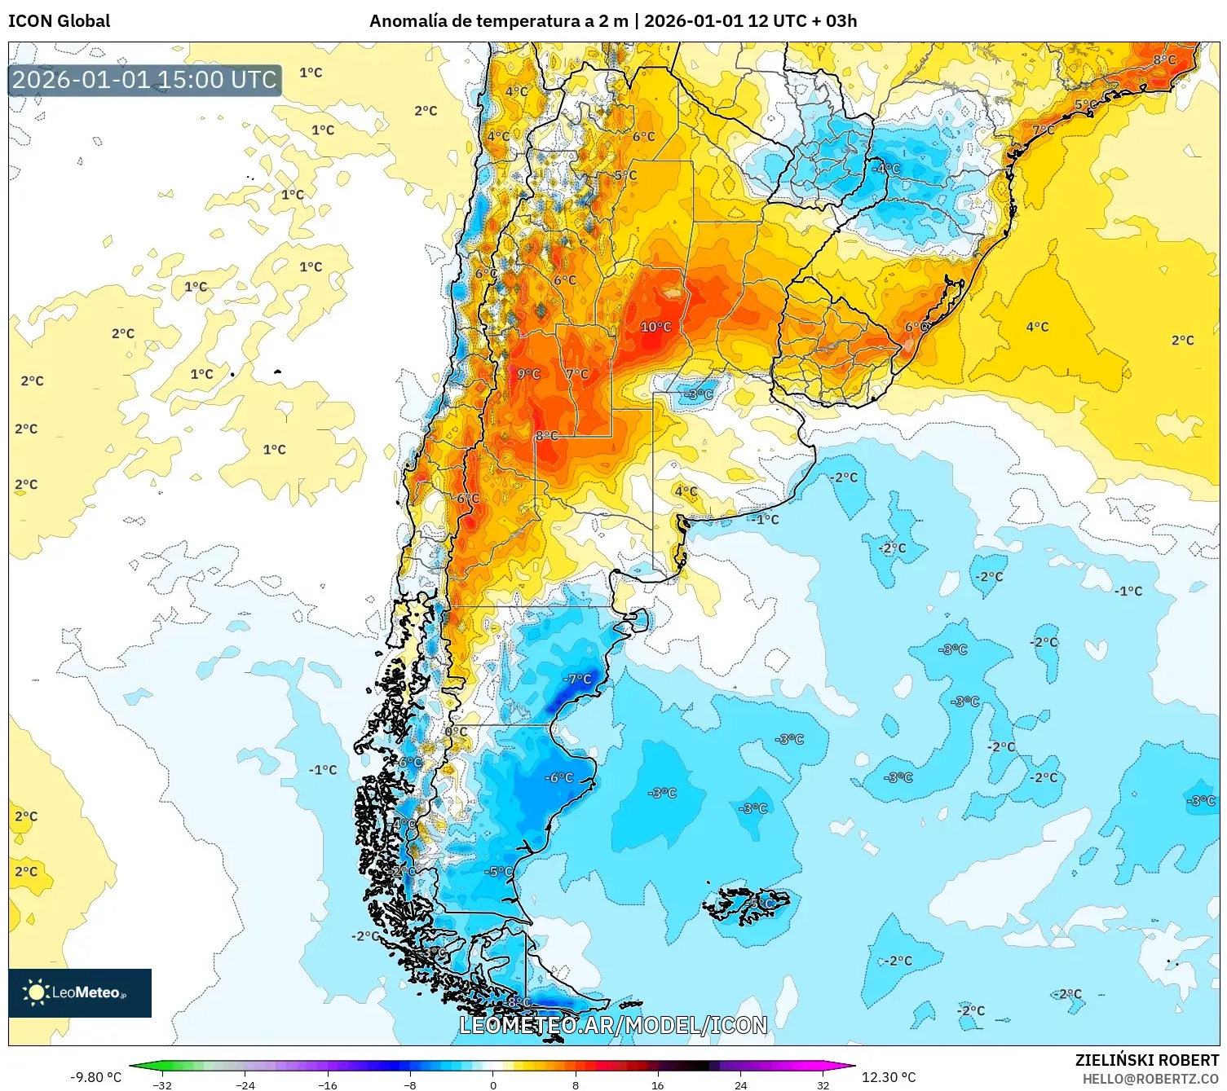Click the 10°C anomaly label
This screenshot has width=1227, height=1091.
click(x=655, y=327)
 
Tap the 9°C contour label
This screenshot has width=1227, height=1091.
click(x=529, y=374)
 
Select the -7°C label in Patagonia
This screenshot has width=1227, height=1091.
click(x=577, y=679)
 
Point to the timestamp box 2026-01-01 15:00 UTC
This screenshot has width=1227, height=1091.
click(x=145, y=80)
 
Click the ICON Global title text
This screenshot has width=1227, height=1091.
click(x=60, y=21)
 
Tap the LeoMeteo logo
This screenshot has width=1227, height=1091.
click(x=80, y=992)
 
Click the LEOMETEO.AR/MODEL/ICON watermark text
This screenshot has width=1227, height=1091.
click(x=613, y=1025)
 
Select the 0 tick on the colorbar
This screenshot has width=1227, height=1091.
click(x=492, y=1084)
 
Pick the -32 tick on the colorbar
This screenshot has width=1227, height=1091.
click(x=162, y=1084)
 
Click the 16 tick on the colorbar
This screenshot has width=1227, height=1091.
click(x=657, y=1084)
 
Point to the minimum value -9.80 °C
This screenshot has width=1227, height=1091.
click(x=95, y=1077)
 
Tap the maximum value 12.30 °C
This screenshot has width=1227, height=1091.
click(x=889, y=1077)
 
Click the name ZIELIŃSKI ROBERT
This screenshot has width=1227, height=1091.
click(x=1147, y=1060)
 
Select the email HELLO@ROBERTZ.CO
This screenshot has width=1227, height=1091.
click(x=1150, y=1079)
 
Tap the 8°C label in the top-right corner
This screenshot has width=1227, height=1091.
click(x=1164, y=59)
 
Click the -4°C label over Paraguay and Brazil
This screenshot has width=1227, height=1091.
click(x=886, y=169)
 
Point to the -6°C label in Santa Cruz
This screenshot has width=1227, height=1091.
click(x=559, y=777)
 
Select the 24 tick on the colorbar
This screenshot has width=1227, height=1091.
click(x=740, y=1084)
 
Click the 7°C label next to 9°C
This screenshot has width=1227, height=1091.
click(x=577, y=374)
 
